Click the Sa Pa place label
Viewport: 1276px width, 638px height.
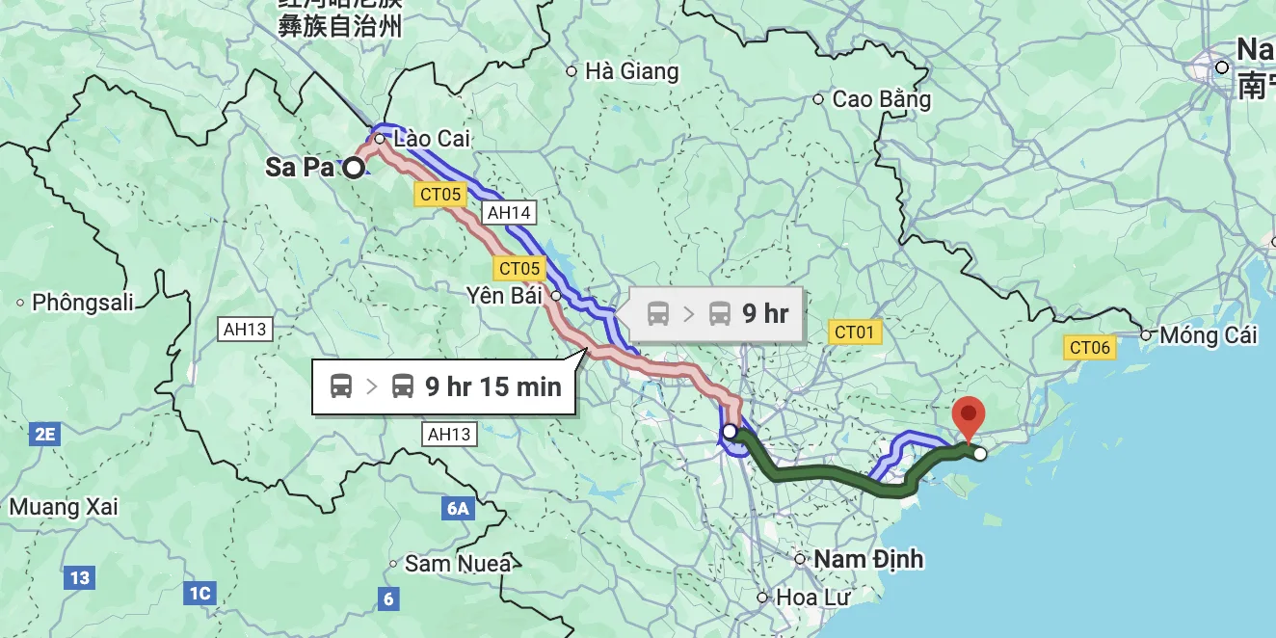pos(299,167)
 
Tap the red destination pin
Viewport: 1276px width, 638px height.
pos(968,417)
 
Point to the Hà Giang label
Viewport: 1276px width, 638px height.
pos(631,71)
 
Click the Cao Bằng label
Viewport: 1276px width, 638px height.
pos(881,99)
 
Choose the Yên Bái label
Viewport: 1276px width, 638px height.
pos(503,295)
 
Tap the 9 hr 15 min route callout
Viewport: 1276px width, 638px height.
pos(445,386)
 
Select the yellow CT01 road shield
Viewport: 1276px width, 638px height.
pos(854,332)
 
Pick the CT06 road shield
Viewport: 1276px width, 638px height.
pos(1090,348)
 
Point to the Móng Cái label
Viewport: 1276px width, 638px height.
pos(1209,335)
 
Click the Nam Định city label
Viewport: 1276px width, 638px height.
pos(867,559)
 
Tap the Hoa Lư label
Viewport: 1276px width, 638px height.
pos(812,598)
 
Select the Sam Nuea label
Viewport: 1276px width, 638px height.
pos(457,564)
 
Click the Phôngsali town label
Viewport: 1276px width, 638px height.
pos(83,303)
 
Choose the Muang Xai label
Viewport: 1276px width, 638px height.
pos(64,507)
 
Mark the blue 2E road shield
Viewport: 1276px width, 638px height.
pos(44,435)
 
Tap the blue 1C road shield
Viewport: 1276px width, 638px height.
pos(199,593)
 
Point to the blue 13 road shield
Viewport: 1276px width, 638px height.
pos(79,578)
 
